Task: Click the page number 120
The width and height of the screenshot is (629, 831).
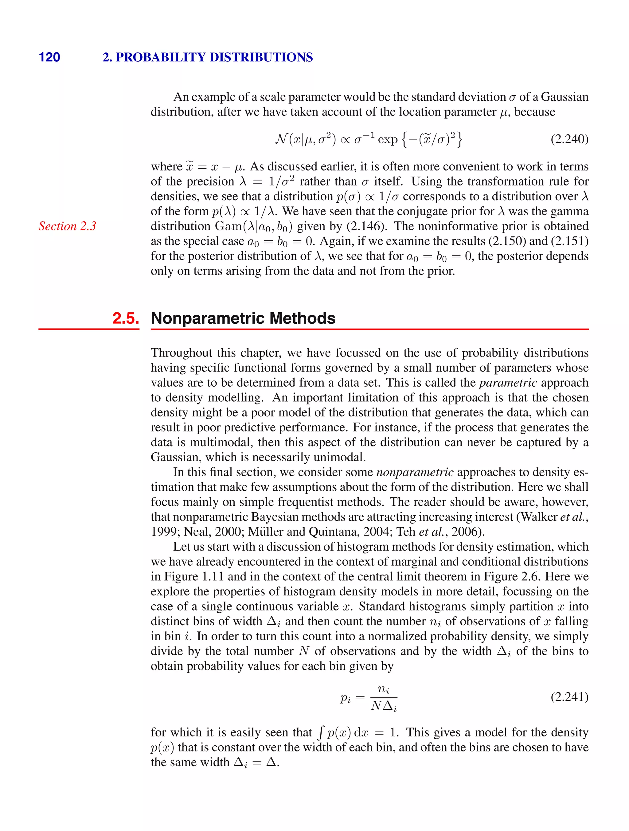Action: point(49,57)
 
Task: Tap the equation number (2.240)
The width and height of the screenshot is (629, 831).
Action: point(569,139)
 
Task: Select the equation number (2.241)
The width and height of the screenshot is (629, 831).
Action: point(569,697)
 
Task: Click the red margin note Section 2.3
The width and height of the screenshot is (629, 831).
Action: point(67,226)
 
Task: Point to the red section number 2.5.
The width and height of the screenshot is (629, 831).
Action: point(126,318)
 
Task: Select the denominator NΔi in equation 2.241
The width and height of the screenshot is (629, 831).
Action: point(384,707)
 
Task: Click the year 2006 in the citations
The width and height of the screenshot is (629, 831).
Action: point(464,532)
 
